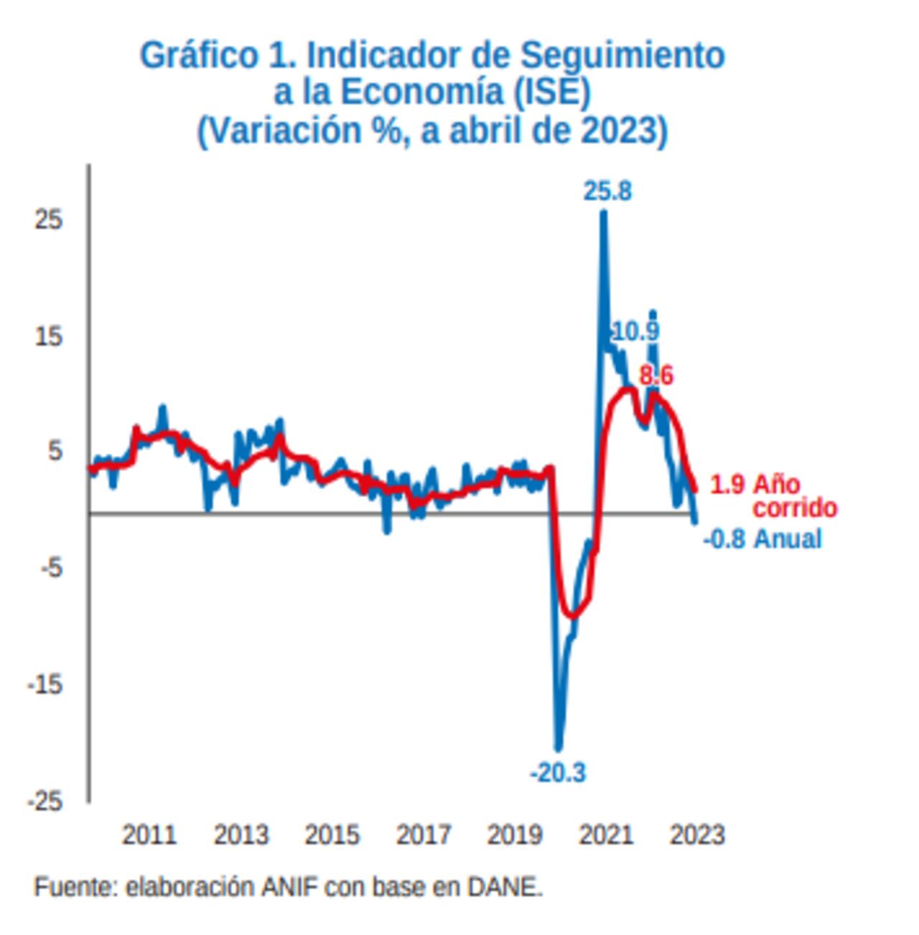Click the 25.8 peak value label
607,192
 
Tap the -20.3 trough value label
558,773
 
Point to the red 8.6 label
656,376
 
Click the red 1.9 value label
727,485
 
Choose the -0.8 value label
724,539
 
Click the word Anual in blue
788,539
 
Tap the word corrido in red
795,508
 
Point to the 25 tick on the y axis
48,220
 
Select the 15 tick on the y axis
48,336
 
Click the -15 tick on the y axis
45,685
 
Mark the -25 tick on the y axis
45,801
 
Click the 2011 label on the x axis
149,835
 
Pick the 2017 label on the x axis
423,835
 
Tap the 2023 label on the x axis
696,835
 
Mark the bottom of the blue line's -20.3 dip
559,748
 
